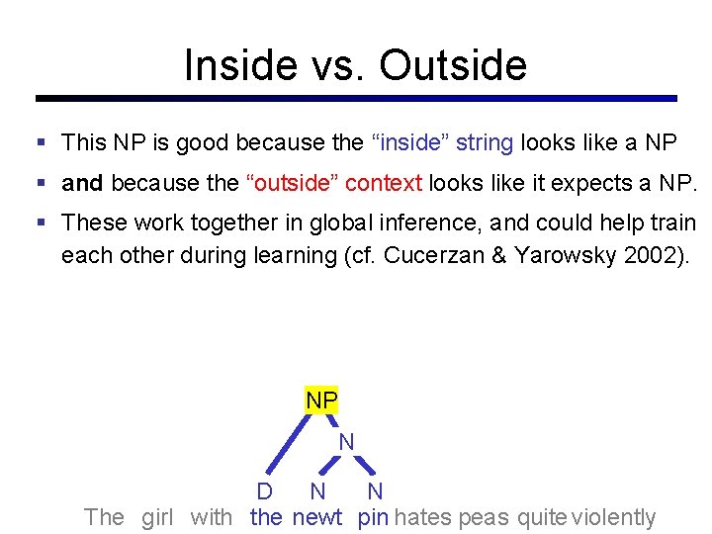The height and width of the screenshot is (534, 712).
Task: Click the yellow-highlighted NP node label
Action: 321,400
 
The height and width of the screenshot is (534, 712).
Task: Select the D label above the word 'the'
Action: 265,491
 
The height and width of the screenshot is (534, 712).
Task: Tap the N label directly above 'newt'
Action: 317,491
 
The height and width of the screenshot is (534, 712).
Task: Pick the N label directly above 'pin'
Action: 375,491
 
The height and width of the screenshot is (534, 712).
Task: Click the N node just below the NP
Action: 346,442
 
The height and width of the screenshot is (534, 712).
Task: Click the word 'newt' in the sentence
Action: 317,516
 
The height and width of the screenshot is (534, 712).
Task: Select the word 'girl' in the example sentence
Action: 157,516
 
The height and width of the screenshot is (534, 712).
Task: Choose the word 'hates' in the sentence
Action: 424,516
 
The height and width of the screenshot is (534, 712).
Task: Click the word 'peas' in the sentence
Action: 484,516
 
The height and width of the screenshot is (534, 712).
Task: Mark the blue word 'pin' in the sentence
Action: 373,516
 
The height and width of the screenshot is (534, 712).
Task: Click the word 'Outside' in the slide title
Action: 453,65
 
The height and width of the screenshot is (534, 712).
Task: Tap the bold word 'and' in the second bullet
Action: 82,183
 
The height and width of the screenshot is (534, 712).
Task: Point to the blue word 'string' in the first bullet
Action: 484,142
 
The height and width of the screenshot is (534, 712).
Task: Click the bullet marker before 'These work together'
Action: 41,223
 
